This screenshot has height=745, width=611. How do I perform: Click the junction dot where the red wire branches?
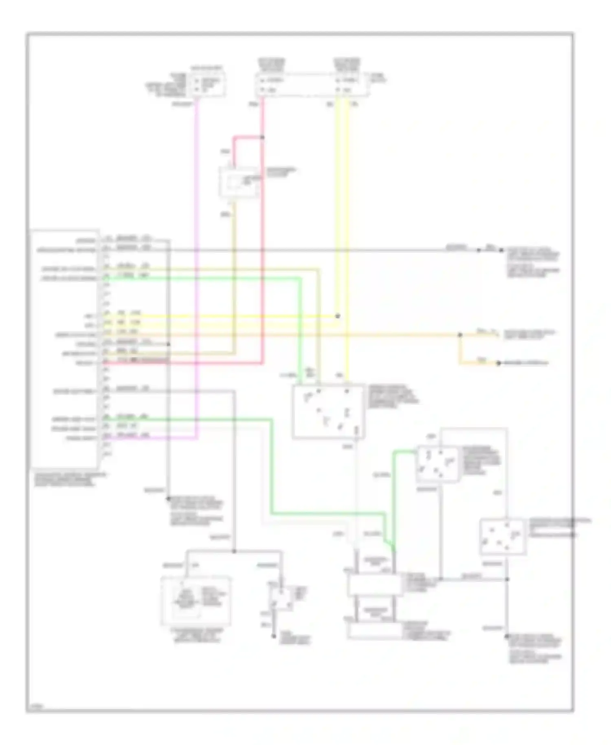(262, 137)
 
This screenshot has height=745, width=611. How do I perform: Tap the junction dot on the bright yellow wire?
(337, 316)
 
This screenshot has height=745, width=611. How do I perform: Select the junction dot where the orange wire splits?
(460, 335)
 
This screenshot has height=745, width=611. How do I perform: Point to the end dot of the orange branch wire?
(498, 363)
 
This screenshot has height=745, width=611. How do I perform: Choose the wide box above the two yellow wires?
(312, 85)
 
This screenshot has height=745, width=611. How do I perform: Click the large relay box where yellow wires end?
(328, 411)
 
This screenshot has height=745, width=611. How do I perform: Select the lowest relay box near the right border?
(503, 537)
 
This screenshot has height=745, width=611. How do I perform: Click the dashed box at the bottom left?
(196, 601)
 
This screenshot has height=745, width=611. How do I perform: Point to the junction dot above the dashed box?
(234, 551)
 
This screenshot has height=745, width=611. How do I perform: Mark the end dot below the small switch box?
(274, 636)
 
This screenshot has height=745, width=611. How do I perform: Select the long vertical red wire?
(263, 245)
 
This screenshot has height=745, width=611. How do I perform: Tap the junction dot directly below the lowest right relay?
(507, 579)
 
